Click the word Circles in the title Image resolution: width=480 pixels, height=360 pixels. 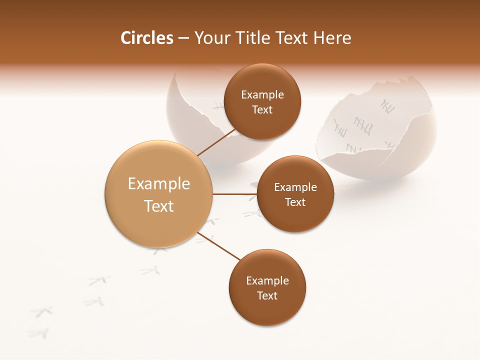(x=146, y=38)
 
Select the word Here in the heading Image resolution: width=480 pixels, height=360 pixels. (x=332, y=38)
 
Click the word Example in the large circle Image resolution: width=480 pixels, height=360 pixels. (x=158, y=183)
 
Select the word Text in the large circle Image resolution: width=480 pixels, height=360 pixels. (x=158, y=206)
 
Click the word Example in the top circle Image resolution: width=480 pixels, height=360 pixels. (x=262, y=94)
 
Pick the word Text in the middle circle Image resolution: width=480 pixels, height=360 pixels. (x=295, y=202)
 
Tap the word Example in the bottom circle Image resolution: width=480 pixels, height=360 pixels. (x=267, y=280)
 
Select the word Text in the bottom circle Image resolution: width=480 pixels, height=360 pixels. (x=267, y=295)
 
